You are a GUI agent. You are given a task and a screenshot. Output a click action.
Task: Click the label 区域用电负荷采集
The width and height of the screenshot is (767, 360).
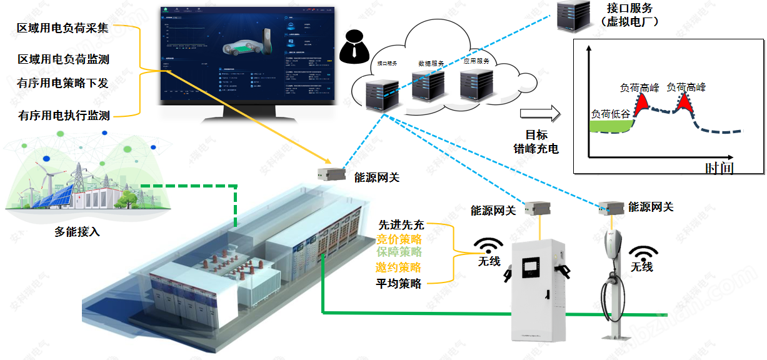[x=63, y=28]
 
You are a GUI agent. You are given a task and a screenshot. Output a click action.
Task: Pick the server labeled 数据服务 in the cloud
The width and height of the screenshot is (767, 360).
[x=429, y=86]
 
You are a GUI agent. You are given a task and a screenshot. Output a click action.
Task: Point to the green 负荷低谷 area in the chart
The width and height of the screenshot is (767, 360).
[x=609, y=127]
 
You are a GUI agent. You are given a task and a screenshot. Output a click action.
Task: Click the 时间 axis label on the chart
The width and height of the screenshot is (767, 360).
[x=719, y=167]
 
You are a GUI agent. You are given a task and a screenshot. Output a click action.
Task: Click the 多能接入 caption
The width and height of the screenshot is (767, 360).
[x=77, y=232]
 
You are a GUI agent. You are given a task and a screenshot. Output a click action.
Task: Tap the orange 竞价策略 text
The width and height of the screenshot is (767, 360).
[x=398, y=239]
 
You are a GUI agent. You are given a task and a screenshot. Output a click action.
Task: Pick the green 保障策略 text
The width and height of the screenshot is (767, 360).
[x=398, y=252]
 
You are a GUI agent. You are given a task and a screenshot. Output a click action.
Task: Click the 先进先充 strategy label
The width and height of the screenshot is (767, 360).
[x=401, y=225]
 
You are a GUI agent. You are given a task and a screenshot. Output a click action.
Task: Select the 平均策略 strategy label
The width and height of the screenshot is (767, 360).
[x=398, y=283]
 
